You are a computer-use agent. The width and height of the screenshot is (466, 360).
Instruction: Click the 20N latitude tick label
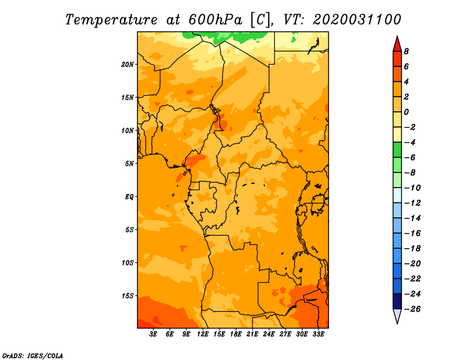tap(127, 65)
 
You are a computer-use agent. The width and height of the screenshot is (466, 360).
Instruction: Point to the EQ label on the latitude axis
tap(129, 197)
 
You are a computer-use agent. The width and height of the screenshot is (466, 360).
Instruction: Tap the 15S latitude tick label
tap(127, 296)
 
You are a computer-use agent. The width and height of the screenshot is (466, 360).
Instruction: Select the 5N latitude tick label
tap(129, 164)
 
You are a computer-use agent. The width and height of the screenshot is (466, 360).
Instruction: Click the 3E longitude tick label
tap(153, 334)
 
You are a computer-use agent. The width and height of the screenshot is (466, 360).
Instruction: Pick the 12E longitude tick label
tap(203, 334)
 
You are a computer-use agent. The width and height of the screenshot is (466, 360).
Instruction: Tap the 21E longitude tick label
tap(252, 334)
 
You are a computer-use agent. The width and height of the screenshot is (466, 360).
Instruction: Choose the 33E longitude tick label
tap(318, 334)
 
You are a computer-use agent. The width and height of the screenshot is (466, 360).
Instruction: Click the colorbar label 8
tap(406, 51)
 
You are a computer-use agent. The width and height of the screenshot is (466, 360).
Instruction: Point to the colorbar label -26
tap(412, 309)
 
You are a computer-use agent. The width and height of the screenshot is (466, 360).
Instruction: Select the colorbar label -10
tap(412, 188)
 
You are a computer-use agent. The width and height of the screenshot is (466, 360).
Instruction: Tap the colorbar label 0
tap(406, 112)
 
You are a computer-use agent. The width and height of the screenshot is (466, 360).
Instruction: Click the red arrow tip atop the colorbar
tap(397, 36)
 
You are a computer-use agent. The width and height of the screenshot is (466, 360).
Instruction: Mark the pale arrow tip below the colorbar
tap(397, 323)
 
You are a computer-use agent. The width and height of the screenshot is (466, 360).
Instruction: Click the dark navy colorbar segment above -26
tap(397, 301)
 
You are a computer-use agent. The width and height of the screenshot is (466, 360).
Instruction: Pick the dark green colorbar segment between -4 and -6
tap(397, 150)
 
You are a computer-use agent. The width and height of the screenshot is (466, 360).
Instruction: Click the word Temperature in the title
tap(111, 20)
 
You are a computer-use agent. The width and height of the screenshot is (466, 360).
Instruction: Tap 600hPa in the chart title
tap(216, 20)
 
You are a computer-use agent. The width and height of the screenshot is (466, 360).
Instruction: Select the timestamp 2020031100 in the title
tap(357, 20)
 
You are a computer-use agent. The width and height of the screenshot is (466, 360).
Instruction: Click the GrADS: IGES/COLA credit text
tap(33, 356)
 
